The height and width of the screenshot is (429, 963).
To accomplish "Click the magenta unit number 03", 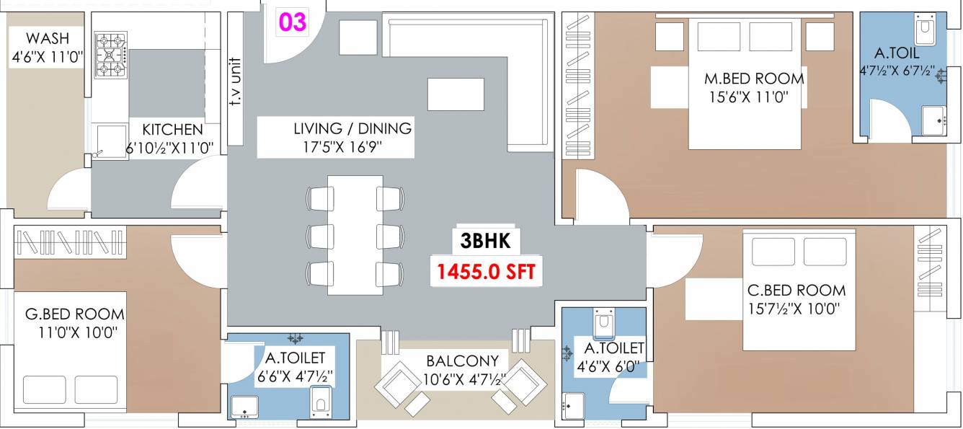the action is point(293,22).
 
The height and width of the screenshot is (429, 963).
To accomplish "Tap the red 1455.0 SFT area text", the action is point(487,272).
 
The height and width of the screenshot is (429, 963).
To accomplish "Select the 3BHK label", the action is point(485,241).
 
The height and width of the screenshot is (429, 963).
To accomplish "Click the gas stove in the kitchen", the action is point(110,55).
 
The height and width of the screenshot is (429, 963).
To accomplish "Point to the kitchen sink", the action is point(110,142).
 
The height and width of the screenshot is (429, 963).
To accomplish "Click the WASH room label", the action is point(48,38).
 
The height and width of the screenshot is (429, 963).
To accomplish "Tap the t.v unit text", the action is point(235,81).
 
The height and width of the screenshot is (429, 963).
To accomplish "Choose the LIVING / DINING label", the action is point(352,128).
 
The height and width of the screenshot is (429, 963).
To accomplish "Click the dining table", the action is point(355,235).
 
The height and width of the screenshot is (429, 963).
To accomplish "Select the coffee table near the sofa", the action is point(456,94).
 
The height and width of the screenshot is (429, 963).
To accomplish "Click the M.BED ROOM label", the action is point(754,79).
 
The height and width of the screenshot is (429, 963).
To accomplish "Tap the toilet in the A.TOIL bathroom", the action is point(926,29).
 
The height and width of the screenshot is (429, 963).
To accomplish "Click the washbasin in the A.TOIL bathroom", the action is point(933,121).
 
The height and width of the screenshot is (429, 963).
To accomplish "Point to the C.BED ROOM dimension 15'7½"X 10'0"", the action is point(794,309).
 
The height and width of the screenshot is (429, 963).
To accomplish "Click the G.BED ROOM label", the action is point(75,314).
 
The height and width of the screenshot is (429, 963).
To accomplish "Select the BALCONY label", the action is point(463,361).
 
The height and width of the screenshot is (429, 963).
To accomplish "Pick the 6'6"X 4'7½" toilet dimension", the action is point(295,376).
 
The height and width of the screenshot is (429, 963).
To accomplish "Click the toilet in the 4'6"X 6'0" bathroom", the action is point(604,322).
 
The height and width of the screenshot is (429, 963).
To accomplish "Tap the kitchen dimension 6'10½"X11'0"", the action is point(169,149).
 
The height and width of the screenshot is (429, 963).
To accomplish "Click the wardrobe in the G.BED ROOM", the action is point(71,243).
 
